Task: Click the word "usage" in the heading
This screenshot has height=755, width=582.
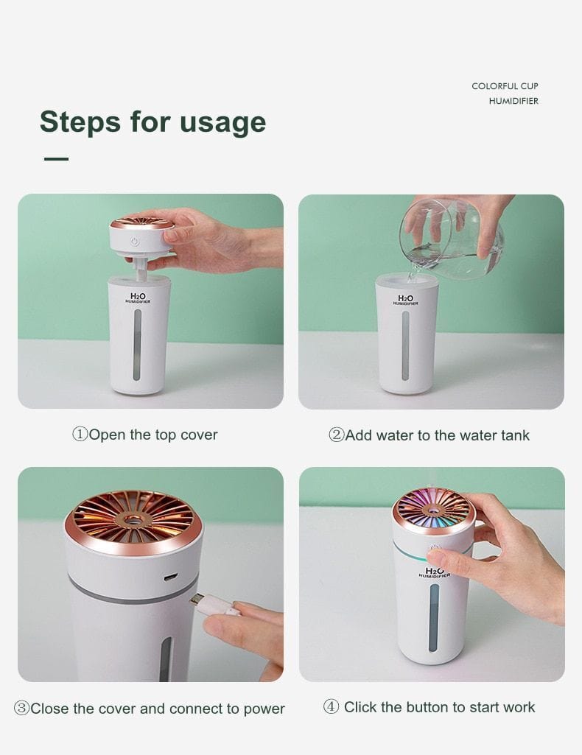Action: coord(224,122)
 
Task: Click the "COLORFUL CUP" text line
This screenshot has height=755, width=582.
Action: coord(505,86)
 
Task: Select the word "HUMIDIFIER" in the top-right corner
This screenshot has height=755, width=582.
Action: coord(513,101)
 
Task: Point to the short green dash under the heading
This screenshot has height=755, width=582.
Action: coord(56,158)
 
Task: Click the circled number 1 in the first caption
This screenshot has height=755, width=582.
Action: coord(80,435)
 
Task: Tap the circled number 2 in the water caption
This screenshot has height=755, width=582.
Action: coord(336,435)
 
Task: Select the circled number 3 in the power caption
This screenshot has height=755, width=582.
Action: coord(22,709)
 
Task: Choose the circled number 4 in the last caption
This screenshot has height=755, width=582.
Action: coord(332,707)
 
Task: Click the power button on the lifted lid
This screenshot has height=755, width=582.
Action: coord(135,241)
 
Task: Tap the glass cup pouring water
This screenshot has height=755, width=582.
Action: coord(451,237)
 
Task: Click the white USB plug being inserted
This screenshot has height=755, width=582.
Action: coord(214,604)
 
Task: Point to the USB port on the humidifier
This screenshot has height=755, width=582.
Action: coord(171,577)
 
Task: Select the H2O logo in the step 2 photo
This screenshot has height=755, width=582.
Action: coord(406,298)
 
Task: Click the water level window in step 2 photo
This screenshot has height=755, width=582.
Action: coord(406,345)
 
